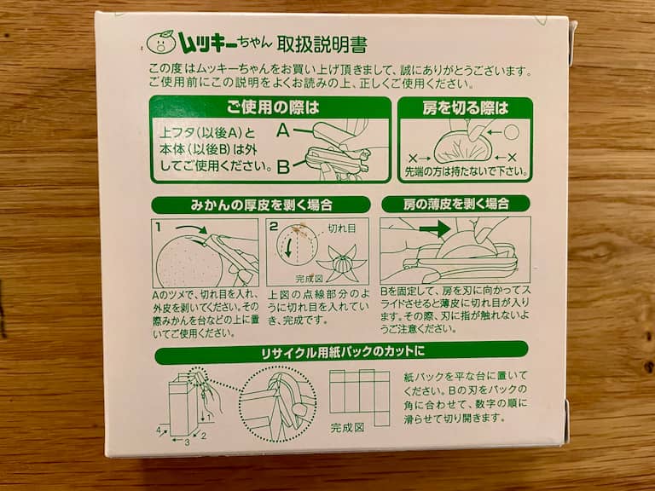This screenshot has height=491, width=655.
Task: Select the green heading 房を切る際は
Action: click(x=466, y=108)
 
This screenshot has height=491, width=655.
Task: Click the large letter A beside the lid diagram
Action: click(x=284, y=132)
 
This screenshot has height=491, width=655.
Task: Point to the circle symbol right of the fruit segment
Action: click(x=512, y=131)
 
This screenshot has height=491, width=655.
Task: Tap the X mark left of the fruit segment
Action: click(x=414, y=159)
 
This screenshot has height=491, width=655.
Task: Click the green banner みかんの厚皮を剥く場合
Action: click(x=260, y=205)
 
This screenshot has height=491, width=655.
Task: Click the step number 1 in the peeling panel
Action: click(x=159, y=227)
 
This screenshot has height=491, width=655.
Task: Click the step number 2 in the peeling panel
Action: click(x=274, y=227)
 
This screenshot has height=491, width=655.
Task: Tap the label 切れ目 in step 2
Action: click(x=341, y=228)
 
